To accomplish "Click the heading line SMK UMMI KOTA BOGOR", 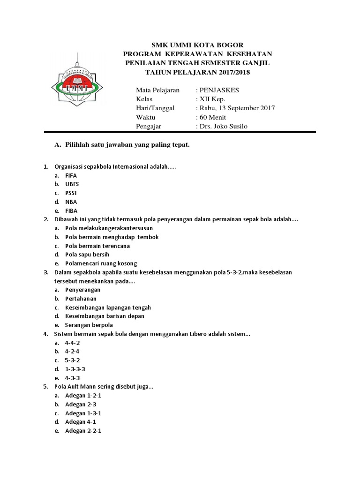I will [197, 45].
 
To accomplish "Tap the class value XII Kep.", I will [212, 99].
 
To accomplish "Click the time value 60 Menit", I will [213, 117].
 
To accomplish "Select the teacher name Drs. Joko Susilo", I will [224, 126].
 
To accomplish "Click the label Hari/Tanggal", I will [155, 108].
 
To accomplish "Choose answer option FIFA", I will [71, 175].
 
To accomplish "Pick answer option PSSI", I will [71, 193].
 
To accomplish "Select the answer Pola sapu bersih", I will [87, 255].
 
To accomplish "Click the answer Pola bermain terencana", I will [97, 246].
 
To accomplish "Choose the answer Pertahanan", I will [81, 299].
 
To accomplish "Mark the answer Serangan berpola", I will [89, 325].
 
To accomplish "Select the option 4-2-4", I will [72, 351].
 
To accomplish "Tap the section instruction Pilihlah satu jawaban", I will [127, 145].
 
